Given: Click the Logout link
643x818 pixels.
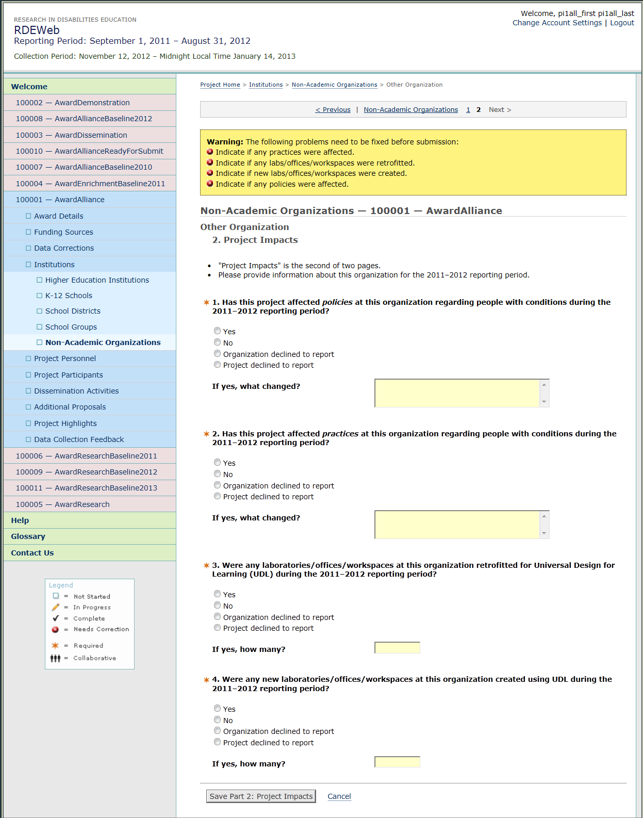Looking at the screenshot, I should (x=622, y=23).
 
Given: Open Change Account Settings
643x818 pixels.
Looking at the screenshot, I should (x=557, y=23).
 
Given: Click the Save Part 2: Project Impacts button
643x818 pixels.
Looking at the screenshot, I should (x=261, y=796).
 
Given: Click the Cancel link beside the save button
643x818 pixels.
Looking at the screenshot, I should (x=339, y=796).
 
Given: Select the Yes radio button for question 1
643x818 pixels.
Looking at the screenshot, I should (x=218, y=331).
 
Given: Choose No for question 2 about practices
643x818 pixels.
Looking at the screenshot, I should (x=218, y=474).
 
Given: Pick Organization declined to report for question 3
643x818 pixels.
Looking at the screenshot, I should (x=218, y=617).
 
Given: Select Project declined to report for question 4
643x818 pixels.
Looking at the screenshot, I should (x=218, y=742).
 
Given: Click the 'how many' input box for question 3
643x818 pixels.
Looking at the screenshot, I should (x=397, y=648).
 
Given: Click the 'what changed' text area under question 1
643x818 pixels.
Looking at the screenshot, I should (x=457, y=393).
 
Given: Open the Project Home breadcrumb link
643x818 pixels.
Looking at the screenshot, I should (x=220, y=85).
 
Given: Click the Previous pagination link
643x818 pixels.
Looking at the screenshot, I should (x=333, y=110).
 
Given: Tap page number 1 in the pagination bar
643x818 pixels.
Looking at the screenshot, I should (x=468, y=110).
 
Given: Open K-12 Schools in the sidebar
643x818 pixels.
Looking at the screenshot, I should (x=69, y=296).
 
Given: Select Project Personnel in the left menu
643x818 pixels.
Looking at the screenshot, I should (x=65, y=358).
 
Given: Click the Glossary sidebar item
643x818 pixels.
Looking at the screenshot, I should (x=28, y=536).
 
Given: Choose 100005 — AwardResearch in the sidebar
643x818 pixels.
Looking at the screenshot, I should (x=62, y=504).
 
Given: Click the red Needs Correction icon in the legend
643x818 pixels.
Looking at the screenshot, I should (x=56, y=629).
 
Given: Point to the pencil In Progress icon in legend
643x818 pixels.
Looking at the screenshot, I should (x=56, y=607).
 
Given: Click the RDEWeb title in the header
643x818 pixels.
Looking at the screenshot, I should (x=37, y=30).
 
